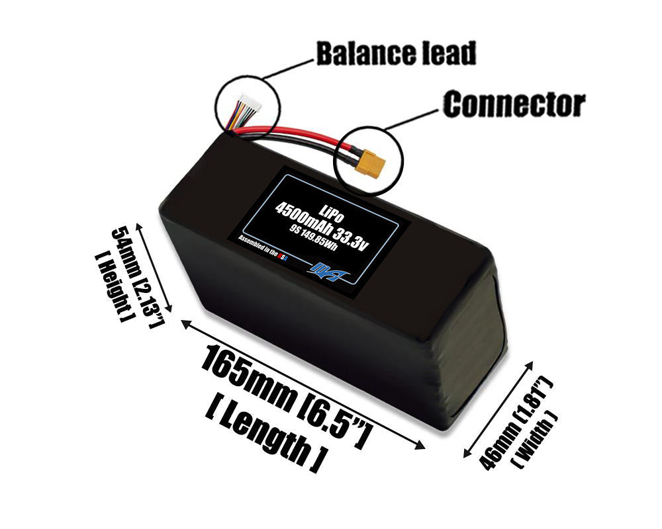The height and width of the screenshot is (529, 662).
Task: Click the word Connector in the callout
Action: click(x=514, y=104)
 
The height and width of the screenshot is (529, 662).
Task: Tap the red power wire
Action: click(x=291, y=136)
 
